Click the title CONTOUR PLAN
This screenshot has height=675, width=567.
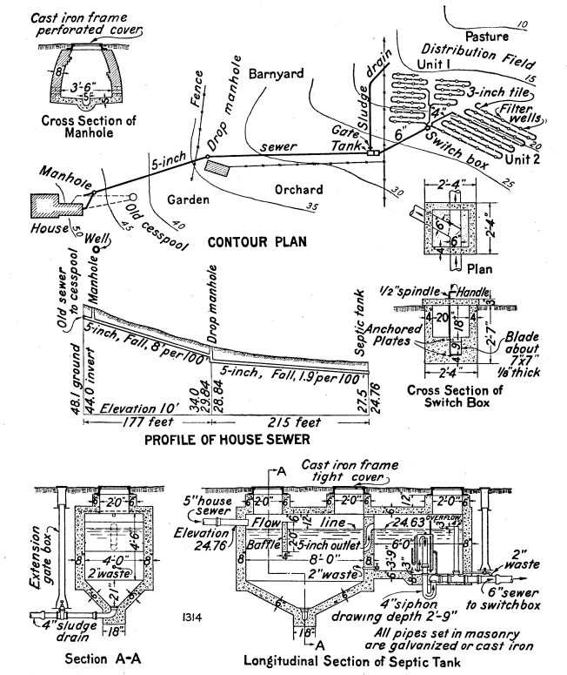pyautogui.click(x=257, y=241)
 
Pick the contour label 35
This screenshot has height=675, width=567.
pyautogui.click(x=311, y=206)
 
